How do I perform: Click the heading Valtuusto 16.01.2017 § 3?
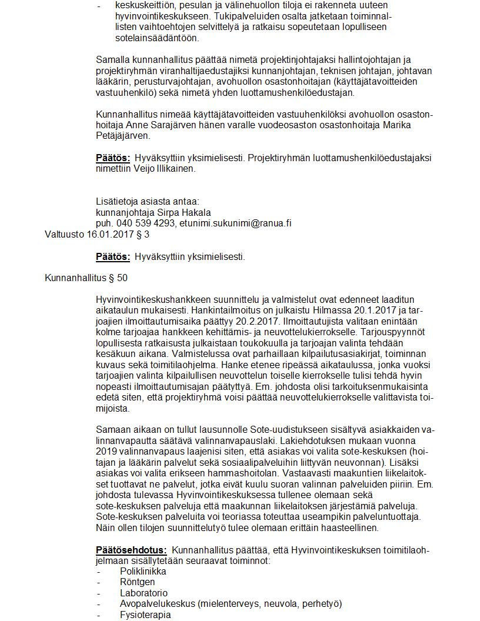[97, 234]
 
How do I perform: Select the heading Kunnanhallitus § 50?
[86, 278]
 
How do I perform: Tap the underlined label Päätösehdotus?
[131, 550]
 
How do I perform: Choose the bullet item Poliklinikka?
[143, 572]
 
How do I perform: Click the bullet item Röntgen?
[137, 582]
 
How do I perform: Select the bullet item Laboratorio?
[144, 593]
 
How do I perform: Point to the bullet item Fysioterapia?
[145, 615]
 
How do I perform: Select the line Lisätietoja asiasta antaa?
[148, 201]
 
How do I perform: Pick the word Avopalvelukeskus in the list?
[157, 604]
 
